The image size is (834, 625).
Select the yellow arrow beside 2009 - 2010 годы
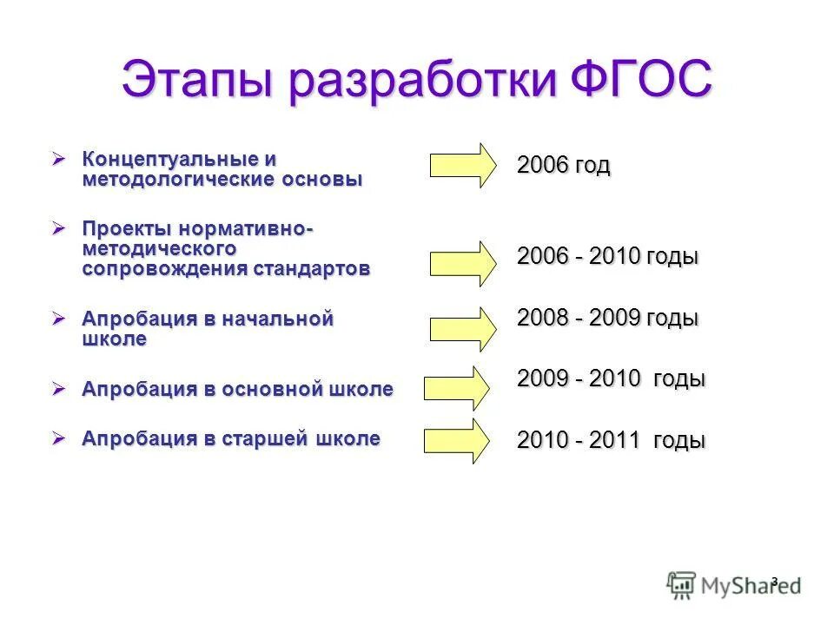pyautogui.click(x=457, y=387)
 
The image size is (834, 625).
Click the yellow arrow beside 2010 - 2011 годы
pyautogui.click(x=457, y=441)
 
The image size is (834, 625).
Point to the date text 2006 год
pyautogui.click(x=563, y=165)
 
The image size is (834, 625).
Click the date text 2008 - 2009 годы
pyautogui.click(x=607, y=318)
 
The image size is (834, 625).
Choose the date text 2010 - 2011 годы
pyautogui.click(x=611, y=440)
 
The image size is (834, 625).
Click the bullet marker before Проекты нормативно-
pyautogui.click(x=59, y=228)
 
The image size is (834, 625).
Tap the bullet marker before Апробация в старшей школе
pyautogui.click(x=59, y=439)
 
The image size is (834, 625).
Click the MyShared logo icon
pyautogui.click(x=681, y=584)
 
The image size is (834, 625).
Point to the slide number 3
pyautogui.click(x=774, y=580)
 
